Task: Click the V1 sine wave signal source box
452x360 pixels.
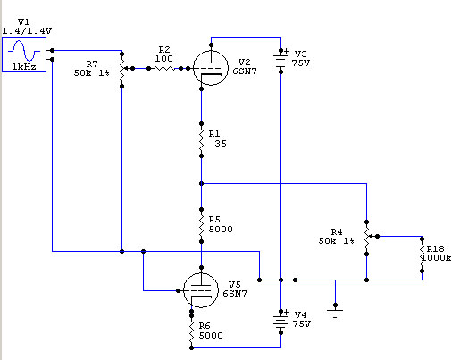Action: pyautogui.click(x=24, y=54)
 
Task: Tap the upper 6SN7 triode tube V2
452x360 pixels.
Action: pyautogui.click(x=211, y=68)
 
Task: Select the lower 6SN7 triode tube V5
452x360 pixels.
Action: pyautogui.click(x=201, y=290)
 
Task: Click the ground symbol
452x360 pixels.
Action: pyautogui.click(x=335, y=313)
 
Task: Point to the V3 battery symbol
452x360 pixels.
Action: pyautogui.click(x=280, y=61)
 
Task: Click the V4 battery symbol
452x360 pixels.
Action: pyautogui.click(x=280, y=322)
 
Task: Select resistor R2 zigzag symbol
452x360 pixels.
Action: pyautogui.click(x=164, y=69)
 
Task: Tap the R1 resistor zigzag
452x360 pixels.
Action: pyautogui.click(x=201, y=139)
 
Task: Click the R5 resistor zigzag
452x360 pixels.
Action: pyautogui.click(x=201, y=225)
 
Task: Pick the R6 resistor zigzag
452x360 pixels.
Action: pyautogui.click(x=191, y=331)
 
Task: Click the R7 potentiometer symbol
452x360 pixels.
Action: pyautogui.click(x=123, y=70)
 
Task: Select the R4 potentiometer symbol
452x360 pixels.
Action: pyautogui.click(x=369, y=238)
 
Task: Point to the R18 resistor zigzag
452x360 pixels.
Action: pyautogui.click(x=422, y=255)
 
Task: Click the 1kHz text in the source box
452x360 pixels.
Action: pyautogui.click(x=24, y=67)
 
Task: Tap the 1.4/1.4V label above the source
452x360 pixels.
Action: pyautogui.click(x=27, y=30)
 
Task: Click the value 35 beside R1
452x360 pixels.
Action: pyautogui.click(x=221, y=143)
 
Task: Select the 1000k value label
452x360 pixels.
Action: pyautogui.click(x=436, y=257)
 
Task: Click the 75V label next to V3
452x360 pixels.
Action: pyautogui.click(x=301, y=63)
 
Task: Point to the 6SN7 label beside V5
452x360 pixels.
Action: pyautogui.click(x=235, y=294)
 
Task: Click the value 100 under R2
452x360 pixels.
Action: pyautogui.click(x=163, y=58)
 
